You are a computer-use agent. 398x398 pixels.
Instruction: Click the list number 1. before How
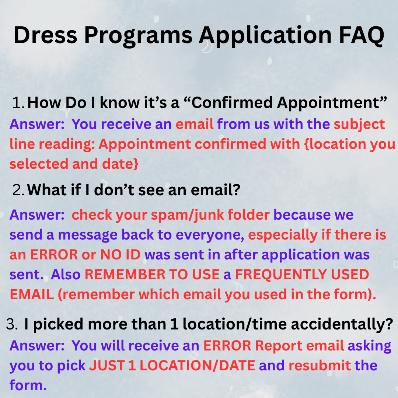18,102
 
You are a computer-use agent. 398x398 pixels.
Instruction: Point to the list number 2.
18,190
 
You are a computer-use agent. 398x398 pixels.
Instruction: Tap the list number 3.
12,324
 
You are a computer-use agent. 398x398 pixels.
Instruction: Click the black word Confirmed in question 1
232,102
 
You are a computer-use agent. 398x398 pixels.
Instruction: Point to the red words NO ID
120,255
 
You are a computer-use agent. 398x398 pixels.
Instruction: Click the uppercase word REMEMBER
125,275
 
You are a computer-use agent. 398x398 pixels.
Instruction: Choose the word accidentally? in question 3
342,325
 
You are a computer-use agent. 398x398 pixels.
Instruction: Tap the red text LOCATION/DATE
198,366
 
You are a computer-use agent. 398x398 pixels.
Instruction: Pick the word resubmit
320,366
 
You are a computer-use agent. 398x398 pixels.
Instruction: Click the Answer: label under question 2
37,215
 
